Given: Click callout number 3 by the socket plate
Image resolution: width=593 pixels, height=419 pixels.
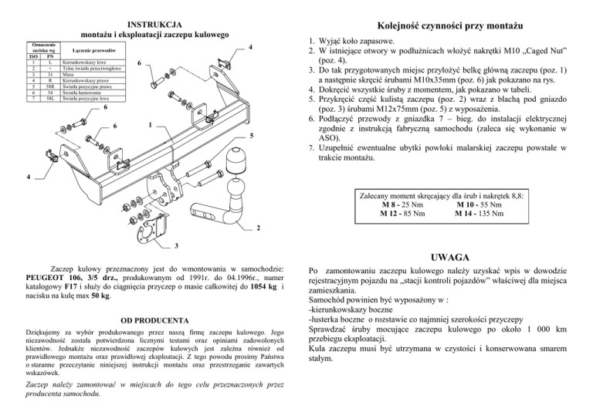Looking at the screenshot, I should (x=175, y=246).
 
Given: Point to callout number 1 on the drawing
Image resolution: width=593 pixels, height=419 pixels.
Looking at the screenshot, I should (x=150, y=123).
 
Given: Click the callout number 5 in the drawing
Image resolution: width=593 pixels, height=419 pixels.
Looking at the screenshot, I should (x=252, y=137).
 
